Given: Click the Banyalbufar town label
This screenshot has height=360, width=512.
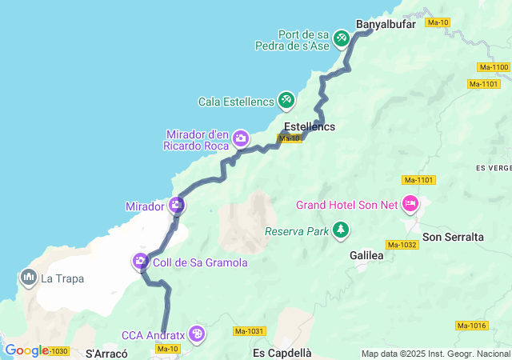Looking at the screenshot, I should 386,24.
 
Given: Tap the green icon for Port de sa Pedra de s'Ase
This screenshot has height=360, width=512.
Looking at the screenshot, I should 342,38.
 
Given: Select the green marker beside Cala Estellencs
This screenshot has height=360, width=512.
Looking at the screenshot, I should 286,101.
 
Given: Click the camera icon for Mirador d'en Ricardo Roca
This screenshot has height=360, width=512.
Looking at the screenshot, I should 240,139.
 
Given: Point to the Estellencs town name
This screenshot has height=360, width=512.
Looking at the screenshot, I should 310,126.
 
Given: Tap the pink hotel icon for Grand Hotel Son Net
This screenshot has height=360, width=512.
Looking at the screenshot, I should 410,204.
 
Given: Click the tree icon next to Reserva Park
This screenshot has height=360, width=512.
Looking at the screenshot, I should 342,231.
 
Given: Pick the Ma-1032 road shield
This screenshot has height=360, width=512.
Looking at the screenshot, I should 402,244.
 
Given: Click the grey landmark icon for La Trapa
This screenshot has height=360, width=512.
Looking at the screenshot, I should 29,278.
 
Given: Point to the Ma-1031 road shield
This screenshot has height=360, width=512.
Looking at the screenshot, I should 250,330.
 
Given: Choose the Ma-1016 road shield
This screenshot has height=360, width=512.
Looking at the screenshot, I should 472,325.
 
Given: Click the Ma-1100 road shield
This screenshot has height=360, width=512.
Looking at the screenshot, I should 493,67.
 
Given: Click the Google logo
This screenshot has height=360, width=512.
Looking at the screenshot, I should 26,350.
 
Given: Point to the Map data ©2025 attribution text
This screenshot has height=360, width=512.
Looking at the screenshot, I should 435,354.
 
